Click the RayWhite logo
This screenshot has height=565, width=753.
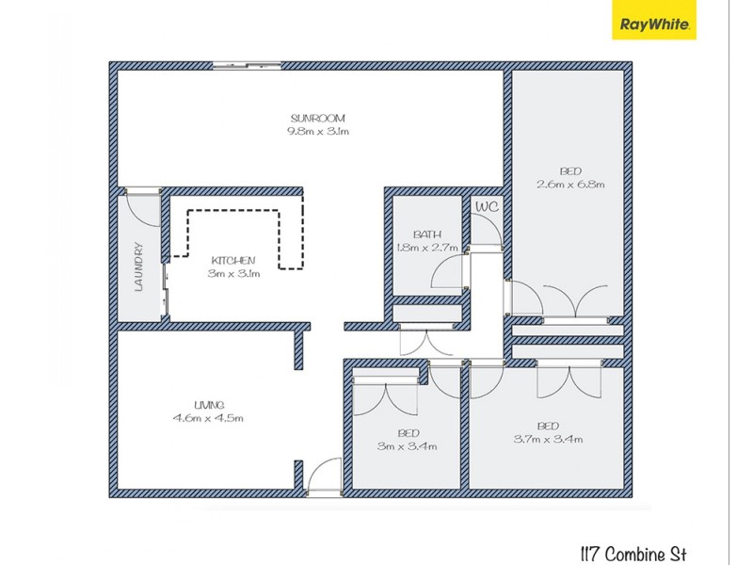coord(655,24)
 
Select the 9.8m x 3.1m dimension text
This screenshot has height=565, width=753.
coord(318,132)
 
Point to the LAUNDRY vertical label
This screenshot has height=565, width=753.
coord(137,267)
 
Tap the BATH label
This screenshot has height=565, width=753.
coord(427,234)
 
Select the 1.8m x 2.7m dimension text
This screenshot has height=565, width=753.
coord(427,249)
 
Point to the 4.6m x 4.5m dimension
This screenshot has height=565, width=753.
coord(208,418)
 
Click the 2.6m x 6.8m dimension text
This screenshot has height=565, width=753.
coord(570,185)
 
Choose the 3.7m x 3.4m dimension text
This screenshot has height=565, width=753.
coord(548,439)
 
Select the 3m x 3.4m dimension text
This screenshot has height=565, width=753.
coord(409,446)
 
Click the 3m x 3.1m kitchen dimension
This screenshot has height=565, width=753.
coord(233,274)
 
